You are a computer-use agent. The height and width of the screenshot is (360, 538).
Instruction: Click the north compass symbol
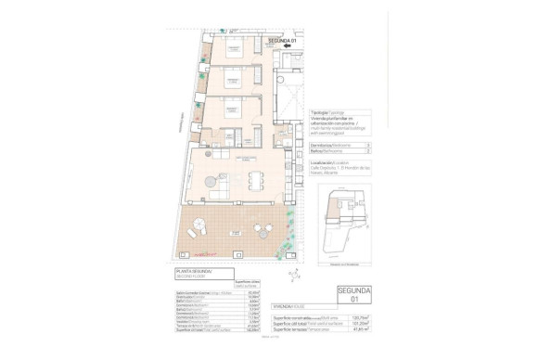pos(290,274)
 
